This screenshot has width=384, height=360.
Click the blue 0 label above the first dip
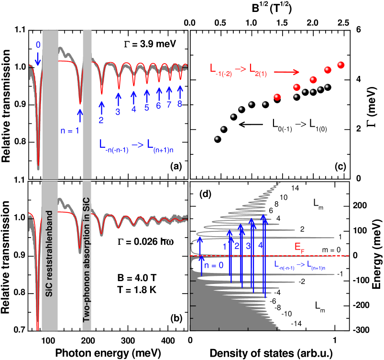[38, 45]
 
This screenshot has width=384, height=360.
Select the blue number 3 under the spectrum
[118, 112]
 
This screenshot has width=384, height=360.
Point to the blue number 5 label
[147, 108]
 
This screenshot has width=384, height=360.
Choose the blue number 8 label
[180, 104]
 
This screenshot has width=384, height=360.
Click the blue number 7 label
[169, 105]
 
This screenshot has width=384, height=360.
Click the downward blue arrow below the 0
[38, 59]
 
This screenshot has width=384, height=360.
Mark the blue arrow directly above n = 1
[80, 115]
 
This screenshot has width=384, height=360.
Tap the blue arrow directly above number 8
[180, 91]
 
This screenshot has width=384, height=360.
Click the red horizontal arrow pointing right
[286, 72]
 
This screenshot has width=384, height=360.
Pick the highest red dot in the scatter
[341, 65]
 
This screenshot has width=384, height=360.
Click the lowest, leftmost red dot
[277, 97]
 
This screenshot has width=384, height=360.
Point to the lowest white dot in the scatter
[217, 138]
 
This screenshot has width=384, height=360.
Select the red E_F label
[299, 247]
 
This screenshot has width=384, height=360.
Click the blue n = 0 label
[214, 266]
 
